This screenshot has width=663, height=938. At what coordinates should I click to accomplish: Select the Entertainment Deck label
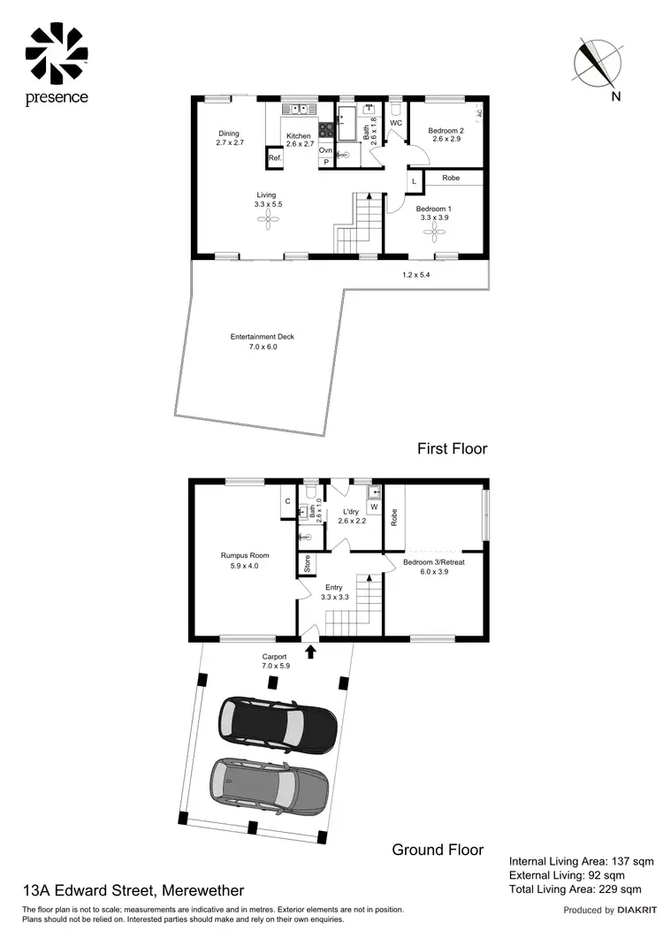(262, 337)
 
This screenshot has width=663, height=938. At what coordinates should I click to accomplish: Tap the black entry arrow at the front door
(309, 652)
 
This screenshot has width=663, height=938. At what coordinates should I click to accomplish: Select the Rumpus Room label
(245, 556)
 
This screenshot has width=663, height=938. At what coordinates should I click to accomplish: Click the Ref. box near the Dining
(275, 158)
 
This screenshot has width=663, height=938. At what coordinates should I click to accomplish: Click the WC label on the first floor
(396, 123)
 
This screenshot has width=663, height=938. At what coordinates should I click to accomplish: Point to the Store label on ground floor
(307, 563)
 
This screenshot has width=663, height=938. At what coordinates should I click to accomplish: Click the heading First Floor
(452, 448)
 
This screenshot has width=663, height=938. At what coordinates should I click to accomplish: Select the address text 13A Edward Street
(133, 890)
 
